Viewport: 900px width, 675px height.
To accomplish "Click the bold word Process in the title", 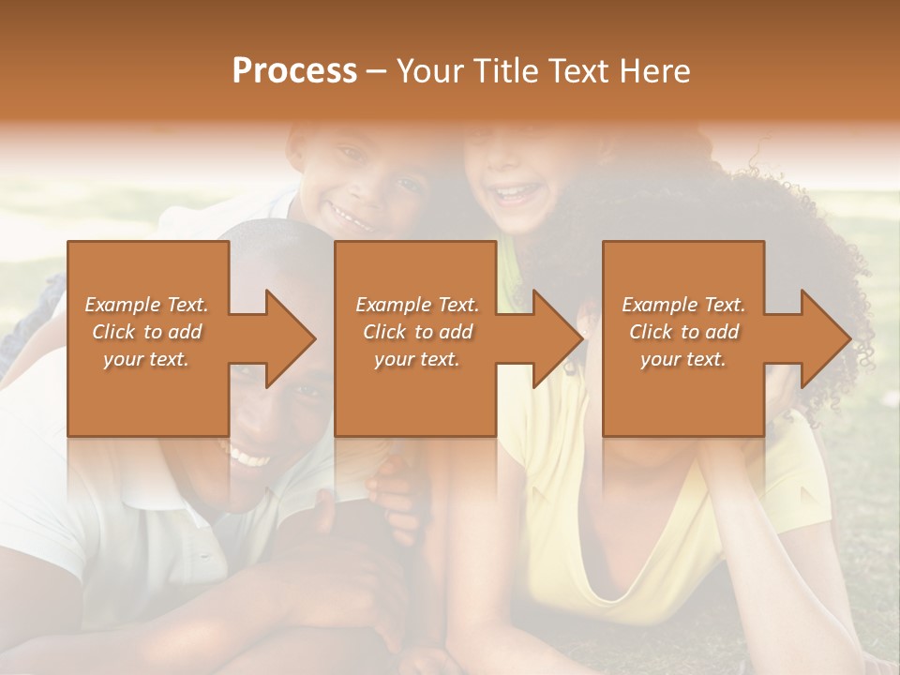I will (294, 71).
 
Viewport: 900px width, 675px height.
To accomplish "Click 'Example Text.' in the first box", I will (146, 305).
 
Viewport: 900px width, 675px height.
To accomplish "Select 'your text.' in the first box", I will (146, 359).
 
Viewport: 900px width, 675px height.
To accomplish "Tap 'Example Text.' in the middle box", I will (416, 305).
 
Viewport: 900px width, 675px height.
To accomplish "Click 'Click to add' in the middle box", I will (416, 332).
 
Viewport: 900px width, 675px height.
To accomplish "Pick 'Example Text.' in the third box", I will (683, 305).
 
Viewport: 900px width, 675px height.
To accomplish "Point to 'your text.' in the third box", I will (683, 359).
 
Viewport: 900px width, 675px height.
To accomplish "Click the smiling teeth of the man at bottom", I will (249, 458).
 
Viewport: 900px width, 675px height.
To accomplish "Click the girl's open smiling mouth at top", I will (512, 195).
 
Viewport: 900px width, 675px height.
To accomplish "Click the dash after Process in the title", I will (377, 71).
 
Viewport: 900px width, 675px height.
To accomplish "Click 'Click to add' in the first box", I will (146, 332).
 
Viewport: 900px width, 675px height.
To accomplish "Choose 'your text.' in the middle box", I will (416, 359).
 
